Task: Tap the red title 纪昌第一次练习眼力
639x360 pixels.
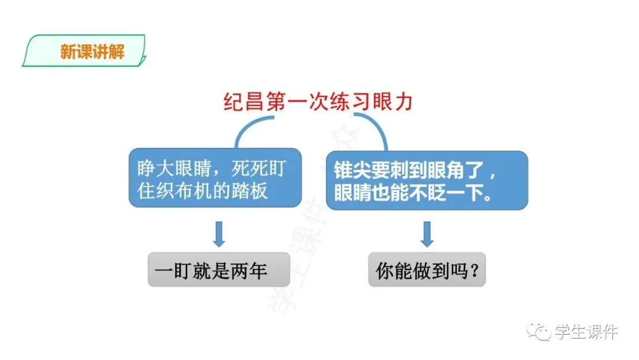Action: pyautogui.click(x=318, y=102)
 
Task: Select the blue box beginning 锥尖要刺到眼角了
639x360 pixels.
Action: pyautogui.click(x=427, y=179)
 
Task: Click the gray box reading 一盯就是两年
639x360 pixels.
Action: pyautogui.click(x=218, y=270)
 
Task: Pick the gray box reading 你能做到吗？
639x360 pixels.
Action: pyautogui.click(x=427, y=270)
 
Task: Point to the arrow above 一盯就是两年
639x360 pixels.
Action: pyautogui.click(x=219, y=234)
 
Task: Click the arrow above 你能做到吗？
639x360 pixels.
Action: pyautogui.click(x=427, y=234)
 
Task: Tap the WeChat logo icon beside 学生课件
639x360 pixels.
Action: pyautogui.click(x=540, y=332)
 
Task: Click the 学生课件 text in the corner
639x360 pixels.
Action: pyautogui.click(x=586, y=332)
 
